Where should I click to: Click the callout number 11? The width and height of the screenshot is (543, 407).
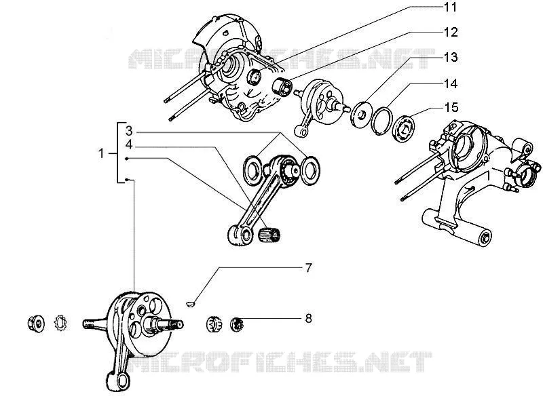click(x=450, y=7)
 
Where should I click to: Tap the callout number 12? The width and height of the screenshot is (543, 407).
click(x=451, y=32)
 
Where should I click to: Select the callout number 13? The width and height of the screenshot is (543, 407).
click(x=451, y=57)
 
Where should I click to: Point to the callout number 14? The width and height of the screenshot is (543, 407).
click(x=451, y=83)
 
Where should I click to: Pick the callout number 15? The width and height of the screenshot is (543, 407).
click(x=451, y=107)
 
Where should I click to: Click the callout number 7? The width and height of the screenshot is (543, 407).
click(x=308, y=267)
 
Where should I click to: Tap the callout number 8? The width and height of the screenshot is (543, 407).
click(x=308, y=318)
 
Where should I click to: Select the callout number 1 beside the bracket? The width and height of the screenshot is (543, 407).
click(x=101, y=153)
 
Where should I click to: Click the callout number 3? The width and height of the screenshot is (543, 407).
click(x=129, y=131)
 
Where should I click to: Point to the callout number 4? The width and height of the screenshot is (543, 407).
click(x=129, y=144)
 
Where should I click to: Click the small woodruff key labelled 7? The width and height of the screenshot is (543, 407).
click(x=191, y=304)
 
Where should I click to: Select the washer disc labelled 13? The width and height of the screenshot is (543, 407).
click(x=361, y=114)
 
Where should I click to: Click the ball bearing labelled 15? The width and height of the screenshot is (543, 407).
click(x=403, y=127)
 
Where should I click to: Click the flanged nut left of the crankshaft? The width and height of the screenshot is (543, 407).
click(x=36, y=324)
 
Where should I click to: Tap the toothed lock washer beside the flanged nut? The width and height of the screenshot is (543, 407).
click(x=60, y=324)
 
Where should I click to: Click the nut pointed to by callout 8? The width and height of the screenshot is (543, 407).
click(x=237, y=324)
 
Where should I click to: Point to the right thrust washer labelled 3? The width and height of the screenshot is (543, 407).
click(x=310, y=170)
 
